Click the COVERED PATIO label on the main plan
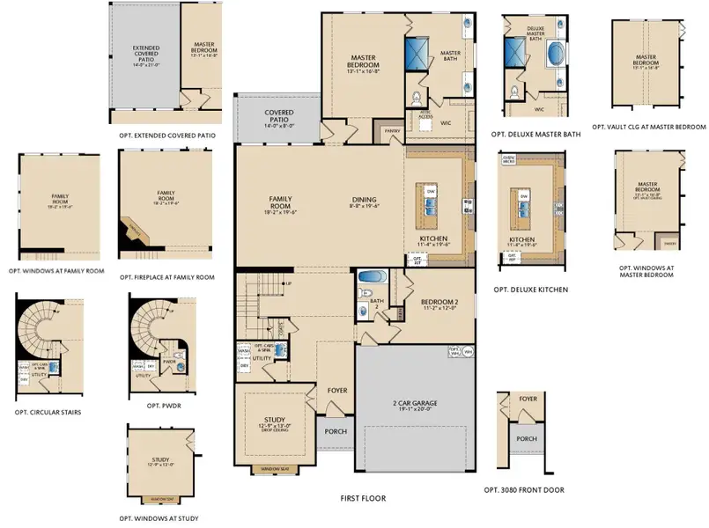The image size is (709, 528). coord(278,117)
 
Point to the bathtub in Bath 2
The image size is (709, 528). coord(372,277)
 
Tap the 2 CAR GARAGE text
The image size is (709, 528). coord(414,404)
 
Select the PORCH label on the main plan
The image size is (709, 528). coord(336,431)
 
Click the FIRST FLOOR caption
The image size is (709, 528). coord(363,498)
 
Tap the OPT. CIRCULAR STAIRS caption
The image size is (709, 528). coord(48,412)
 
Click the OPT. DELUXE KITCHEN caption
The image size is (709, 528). coord(530,290)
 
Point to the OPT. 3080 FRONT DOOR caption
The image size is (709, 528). coord(524,489)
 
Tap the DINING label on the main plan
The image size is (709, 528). coord(362,200)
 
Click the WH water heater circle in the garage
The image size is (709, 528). coord(468,351)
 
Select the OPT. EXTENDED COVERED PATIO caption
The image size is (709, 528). coord(166,136)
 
